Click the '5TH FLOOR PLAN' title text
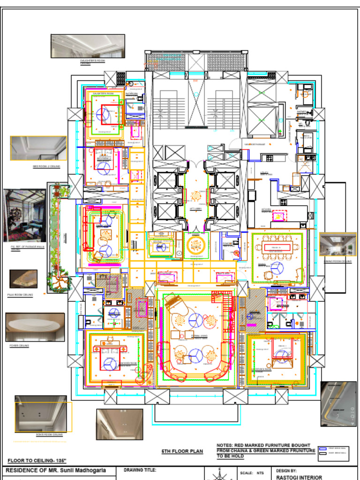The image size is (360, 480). [182, 451]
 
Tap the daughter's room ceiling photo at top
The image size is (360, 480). [88, 46]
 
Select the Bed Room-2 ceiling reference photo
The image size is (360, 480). [38, 148]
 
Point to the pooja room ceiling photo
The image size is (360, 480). [23, 279]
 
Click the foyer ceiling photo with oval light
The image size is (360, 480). [35, 327]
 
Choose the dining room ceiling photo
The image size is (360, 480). [337, 245]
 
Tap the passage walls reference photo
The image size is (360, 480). [24, 215]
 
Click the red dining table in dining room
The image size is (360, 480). [278, 247]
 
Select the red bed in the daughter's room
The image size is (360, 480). [111, 114]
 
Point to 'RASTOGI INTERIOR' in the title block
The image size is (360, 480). [299, 477]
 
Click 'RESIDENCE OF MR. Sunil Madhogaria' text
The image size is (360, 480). [55, 470]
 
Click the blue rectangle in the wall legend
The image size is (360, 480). [322, 449]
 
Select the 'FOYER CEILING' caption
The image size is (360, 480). [19, 345]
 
